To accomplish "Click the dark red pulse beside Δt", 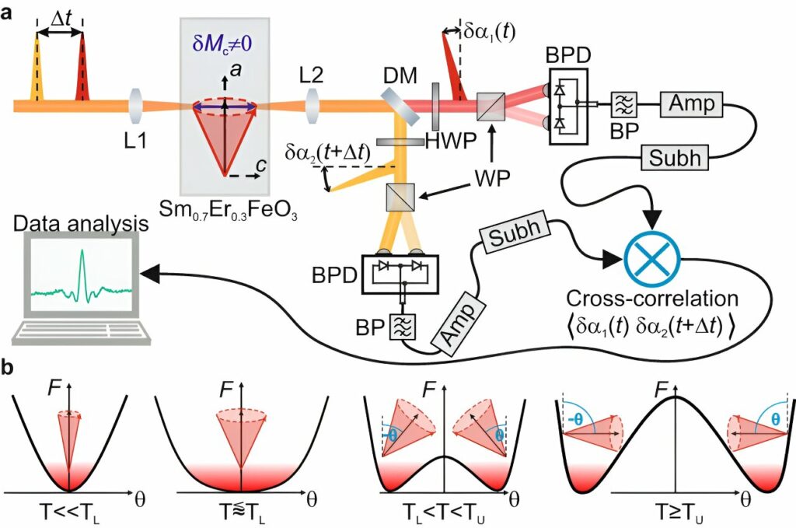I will (82, 74).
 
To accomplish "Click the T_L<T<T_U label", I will (441, 514).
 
